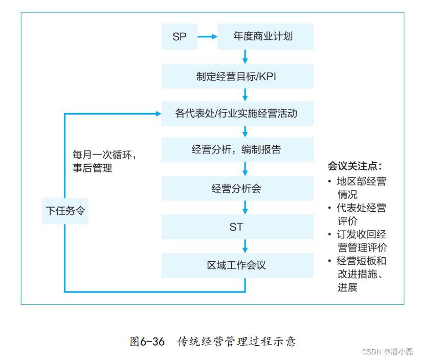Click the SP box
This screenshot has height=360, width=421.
point(180,36)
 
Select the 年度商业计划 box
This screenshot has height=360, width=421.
point(265,36)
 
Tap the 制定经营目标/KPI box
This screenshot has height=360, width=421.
point(237,76)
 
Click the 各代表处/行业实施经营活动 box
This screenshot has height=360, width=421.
point(237,114)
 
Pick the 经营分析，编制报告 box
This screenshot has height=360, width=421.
point(237,149)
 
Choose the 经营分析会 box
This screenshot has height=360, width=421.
point(237,188)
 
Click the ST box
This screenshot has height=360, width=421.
point(237,227)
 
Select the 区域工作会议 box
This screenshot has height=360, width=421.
point(237,265)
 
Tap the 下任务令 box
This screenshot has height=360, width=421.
point(65,211)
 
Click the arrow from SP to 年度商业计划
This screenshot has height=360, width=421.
point(207,36)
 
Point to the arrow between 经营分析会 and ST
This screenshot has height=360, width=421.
point(245,208)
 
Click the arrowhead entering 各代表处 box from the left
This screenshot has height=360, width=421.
point(159,114)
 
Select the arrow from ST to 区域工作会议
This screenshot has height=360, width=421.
point(245,246)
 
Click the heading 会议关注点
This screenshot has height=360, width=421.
point(354,166)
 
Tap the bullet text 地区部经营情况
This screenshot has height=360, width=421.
point(358,188)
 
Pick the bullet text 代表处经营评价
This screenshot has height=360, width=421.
point(358,214)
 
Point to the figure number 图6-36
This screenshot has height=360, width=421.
point(147,342)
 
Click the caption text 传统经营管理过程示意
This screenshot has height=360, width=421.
point(236,342)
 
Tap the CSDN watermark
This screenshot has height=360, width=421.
point(387,352)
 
